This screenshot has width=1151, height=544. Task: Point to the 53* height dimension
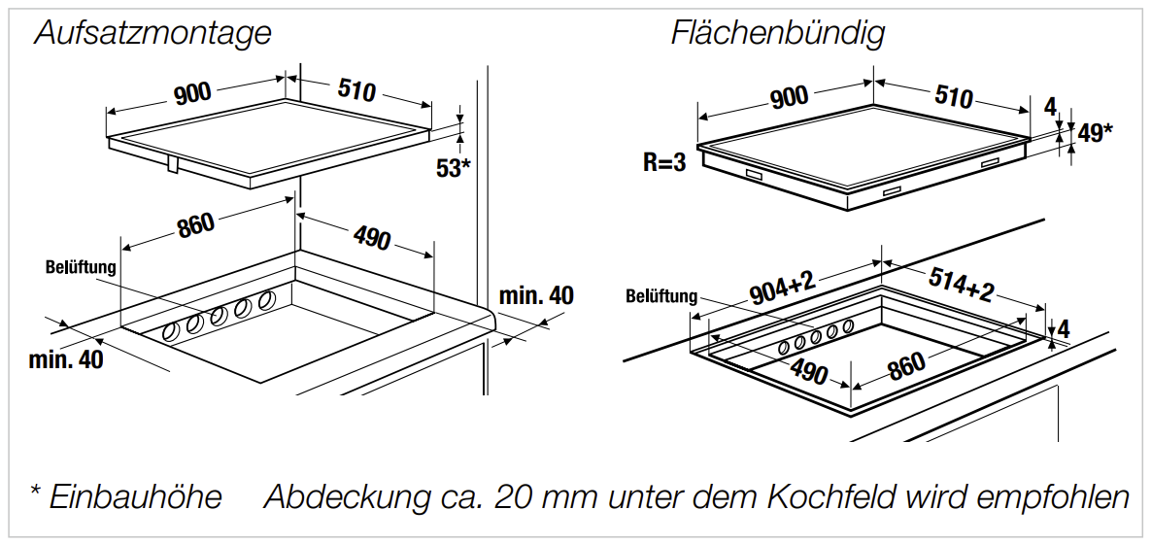click(x=453, y=168)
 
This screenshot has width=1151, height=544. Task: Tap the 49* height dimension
click(x=1095, y=133)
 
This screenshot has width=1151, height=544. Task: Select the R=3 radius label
click(x=664, y=162)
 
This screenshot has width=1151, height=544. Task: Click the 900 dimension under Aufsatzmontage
click(x=193, y=93)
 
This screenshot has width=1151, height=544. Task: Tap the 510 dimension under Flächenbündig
click(x=953, y=97)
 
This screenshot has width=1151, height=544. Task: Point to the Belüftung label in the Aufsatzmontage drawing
click(x=81, y=266)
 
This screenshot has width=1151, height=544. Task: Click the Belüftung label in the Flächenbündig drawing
click(x=661, y=296)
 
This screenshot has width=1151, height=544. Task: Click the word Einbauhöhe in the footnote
click(x=135, y=497)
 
